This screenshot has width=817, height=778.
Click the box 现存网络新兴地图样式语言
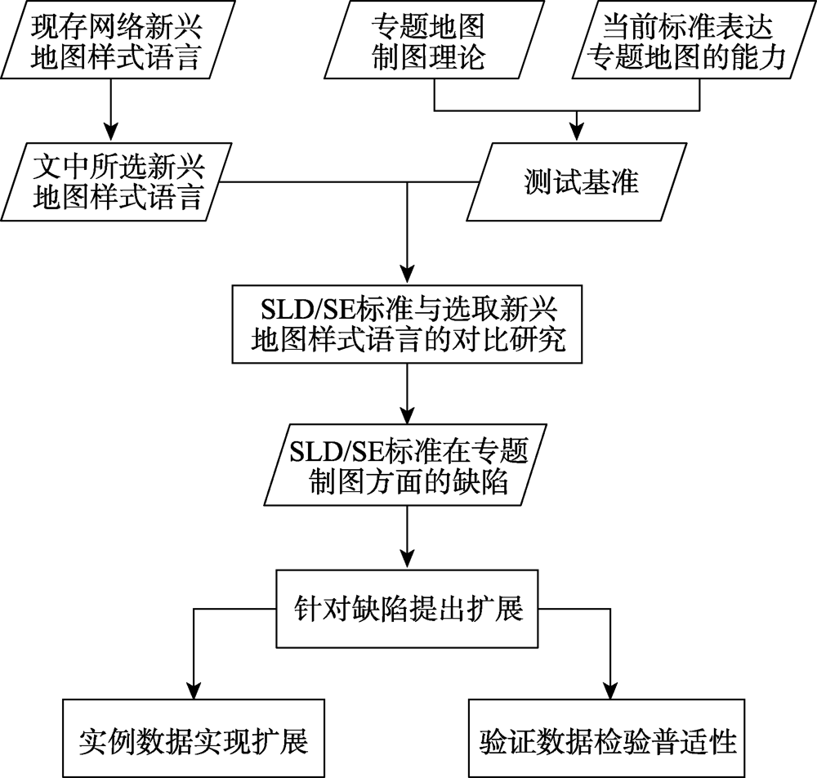point(118,39)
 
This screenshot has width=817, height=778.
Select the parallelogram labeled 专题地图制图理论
point(435,39)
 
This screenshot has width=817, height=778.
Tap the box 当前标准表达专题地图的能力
point(694,39)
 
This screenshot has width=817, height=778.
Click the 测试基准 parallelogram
point(576,182)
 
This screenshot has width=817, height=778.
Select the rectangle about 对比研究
point(407,324)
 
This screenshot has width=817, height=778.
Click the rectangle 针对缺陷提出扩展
point(407,609)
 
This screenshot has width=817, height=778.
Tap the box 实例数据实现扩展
point(194,739)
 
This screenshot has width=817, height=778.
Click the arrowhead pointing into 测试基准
point(576,133)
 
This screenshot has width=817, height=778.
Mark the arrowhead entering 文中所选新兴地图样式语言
point(110,133)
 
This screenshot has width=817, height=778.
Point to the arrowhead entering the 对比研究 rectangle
point(407,275)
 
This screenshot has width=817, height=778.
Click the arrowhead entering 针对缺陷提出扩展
point(407,559)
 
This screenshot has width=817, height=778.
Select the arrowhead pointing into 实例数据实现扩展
point(194,689)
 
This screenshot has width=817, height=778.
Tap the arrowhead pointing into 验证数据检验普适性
point(609,689)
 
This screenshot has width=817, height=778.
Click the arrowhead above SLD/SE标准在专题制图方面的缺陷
point(407,415)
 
